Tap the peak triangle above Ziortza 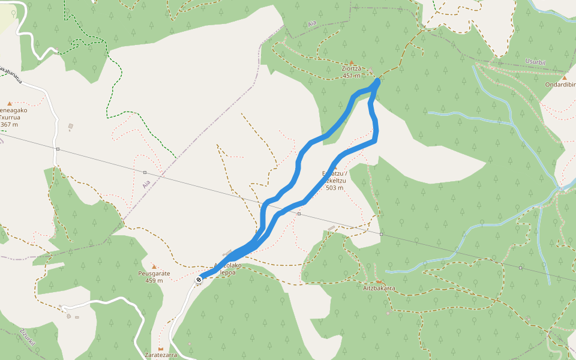352,62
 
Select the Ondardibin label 560,85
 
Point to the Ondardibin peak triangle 564,77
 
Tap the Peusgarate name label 154,274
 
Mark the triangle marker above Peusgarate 154,266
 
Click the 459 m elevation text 154,281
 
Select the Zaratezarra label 160,355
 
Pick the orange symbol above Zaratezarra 160,348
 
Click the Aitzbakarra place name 379,288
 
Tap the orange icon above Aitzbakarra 379,281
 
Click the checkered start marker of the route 199,279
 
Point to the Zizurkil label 27,340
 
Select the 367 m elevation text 10,125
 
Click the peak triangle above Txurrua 10,103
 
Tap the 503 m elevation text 334,188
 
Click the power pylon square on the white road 58,149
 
